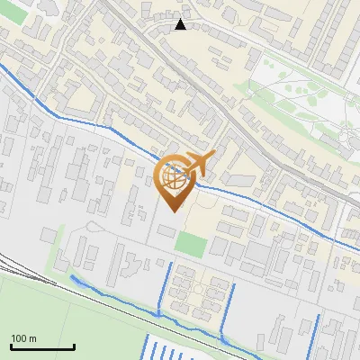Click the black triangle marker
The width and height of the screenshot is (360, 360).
[181, 24]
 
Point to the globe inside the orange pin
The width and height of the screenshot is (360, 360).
[174, 178]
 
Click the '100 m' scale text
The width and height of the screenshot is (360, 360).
[23, 338]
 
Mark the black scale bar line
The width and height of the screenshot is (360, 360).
[42, 346]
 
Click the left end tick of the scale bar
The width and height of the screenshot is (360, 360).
[11, 346]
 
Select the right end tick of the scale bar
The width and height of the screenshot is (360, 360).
[74, 346]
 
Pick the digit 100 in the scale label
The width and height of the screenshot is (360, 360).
[19, 338]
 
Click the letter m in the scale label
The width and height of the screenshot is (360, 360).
[32, 338]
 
